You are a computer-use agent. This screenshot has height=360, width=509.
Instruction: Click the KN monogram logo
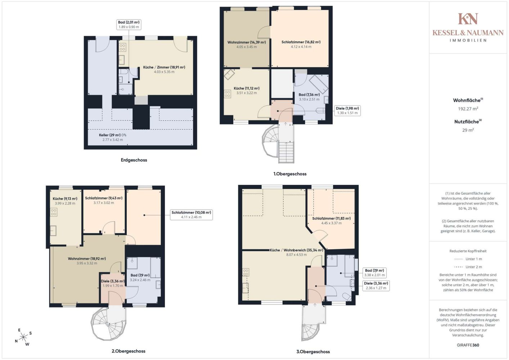click(x=468, y=18)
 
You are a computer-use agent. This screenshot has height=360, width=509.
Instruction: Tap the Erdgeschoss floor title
click(x=134, y=160)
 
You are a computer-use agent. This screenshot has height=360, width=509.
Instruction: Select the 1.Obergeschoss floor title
click(x=290, y=174)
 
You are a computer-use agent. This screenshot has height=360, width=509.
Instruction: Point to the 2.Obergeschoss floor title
click(x=129, y=351)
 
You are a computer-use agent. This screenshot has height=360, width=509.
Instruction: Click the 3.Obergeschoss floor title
click(x=313, y=352)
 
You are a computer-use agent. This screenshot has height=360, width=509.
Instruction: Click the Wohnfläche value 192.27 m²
click(x=468, y=109)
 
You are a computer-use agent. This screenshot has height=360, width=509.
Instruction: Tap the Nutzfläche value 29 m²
click(x=468, y=130)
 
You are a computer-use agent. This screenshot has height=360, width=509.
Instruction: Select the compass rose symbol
click(x=23, y=337)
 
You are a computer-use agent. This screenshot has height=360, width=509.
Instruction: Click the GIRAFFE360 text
click(x=468, y=345)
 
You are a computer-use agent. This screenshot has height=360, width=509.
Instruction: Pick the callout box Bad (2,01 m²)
click(x=129, y=24)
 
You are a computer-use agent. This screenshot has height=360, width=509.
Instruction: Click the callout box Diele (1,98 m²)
click(x=347, y=111)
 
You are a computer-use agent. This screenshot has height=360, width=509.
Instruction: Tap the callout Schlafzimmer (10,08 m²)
click(x=192, y=215)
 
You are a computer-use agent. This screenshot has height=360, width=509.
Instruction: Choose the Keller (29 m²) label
click(x=112, y=135)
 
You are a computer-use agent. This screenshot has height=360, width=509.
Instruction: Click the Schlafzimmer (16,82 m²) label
click(x=301, y=42)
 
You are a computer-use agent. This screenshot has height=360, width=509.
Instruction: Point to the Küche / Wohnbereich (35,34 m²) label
click(x=296, y=250)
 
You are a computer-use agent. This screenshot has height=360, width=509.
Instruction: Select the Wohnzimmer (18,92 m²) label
click(x=87, y=258)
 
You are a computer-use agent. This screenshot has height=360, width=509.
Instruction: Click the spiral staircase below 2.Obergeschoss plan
click(x=108, y=323)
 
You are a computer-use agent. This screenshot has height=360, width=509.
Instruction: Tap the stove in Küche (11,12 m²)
click(x=228, y=94)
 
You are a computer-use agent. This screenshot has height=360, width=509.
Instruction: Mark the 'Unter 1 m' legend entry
click(x=468, y=259)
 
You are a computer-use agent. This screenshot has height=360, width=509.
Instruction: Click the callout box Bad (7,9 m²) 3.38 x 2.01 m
click(x=374, y=273)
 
